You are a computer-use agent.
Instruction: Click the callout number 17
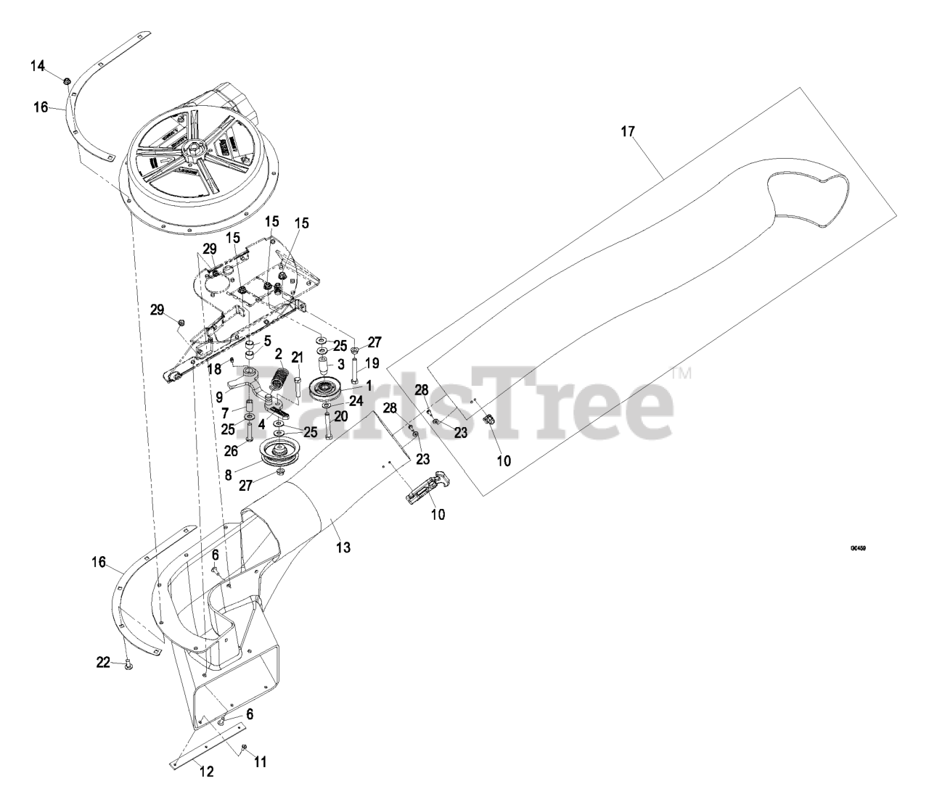coord(627,131)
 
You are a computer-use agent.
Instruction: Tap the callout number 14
coord(37,66)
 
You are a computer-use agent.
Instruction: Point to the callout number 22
coord(103,661)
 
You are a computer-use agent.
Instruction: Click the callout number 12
coord(207,772)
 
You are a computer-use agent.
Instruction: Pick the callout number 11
coord(260,762)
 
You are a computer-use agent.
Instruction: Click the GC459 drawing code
coord(857,548)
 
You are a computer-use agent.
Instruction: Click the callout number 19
coord(372,363)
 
